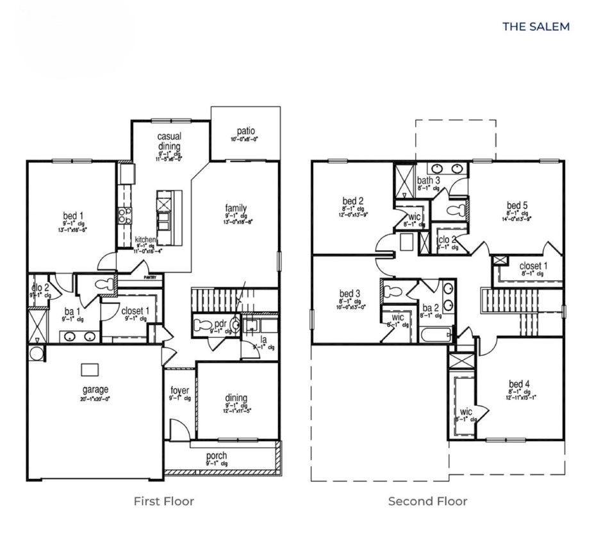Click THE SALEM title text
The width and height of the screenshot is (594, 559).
pyautogui.click(x=535, y=26)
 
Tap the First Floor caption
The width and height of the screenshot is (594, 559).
pyautogui.click(x=163, y=501)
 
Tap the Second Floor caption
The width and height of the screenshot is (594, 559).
pyautogui.click(x=427, y=501)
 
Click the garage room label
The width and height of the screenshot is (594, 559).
pyautogui.click(x=95, y=389)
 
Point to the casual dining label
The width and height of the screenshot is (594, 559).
pyautogui.click(x=169, y=141)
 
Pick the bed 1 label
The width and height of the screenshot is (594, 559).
pyautogui.click(x=72, y=215)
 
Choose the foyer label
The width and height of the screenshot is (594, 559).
pyautogui.click(x=179, y=390)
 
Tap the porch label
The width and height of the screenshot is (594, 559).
pyautogui.click(x=217, y=456)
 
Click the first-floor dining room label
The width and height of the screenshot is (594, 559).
pyautogui.click(x=236, y=398)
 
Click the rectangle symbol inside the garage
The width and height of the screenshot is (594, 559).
pyautogui.click(x=89, y=369)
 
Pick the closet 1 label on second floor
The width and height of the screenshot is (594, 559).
pyautogui.click(x=533, y=265)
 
